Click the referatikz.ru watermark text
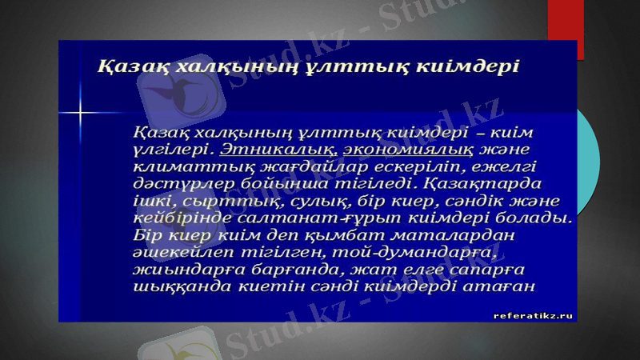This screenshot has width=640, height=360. tap(534, 315)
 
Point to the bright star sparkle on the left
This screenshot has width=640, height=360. tap(81, 112)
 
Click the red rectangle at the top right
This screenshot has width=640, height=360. tap(566, 28)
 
